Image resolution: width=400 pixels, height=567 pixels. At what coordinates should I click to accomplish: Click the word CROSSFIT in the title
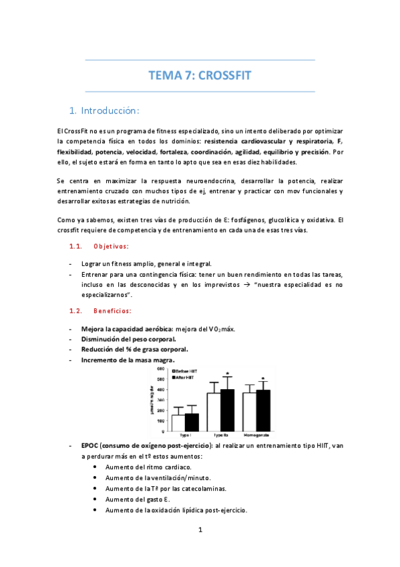pos(224,76)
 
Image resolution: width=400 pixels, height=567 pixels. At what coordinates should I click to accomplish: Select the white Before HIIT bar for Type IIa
pos(214,413)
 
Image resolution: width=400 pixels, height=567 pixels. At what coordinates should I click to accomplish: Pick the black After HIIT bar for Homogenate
pos(263,411)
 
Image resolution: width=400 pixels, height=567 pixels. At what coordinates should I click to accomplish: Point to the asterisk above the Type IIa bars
pos(228,374)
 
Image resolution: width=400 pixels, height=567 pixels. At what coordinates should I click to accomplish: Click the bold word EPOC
pos(89,445)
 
